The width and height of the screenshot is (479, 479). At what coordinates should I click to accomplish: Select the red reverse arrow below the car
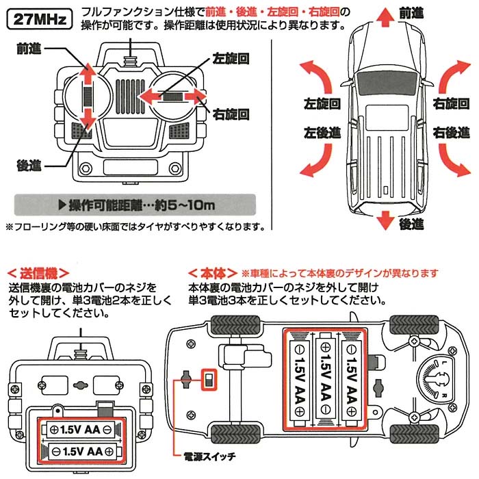pyautogui.click(x=385, y=219)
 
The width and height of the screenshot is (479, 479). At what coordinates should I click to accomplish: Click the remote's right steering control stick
pyautogui.click(x=174, y=98)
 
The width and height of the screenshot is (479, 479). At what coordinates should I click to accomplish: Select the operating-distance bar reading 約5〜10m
pyautogui.click(x=134, y=205)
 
